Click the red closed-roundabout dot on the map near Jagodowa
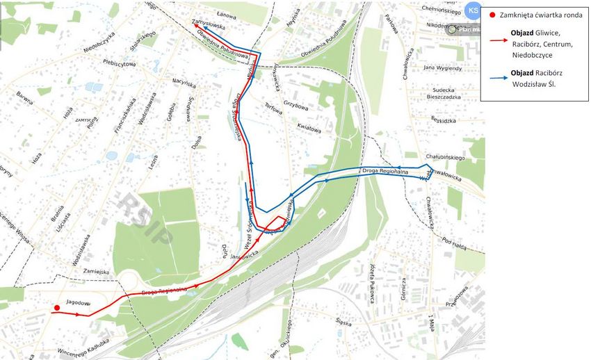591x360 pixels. pos(56,308)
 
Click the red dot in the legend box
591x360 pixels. pos(492,15)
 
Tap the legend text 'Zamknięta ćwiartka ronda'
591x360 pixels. pos(536,15)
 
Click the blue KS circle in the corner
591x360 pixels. pos(473,10)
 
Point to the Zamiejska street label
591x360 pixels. pos(95,271)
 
